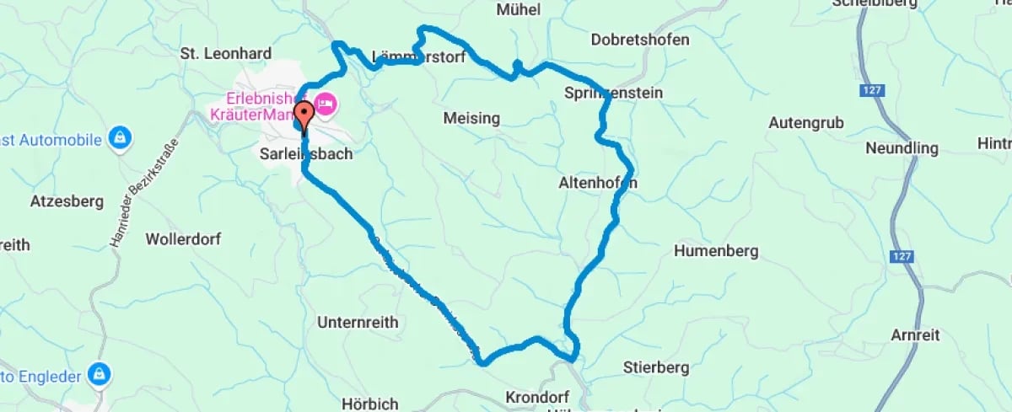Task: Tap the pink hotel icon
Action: click(x=326, y=105)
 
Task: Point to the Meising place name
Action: click(x=471, y=118)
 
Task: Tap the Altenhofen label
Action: click(x=597, y=183)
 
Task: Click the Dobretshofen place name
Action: click(x=640, y=40)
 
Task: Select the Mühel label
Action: click(x=519, y=9)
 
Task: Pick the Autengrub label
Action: click(x=806, y=122)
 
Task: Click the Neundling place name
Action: click(x=902, y=148)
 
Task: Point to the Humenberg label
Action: click(x=716, y=251)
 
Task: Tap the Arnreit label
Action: click(x=914, y=335)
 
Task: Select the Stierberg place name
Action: click(x=656, y=367)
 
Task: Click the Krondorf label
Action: click(x=536, y=396)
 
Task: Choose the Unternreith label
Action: click(x=358, y=322)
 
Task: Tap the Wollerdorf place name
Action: click(x=183, y=238)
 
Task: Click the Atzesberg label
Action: click(x=67, y=201)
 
